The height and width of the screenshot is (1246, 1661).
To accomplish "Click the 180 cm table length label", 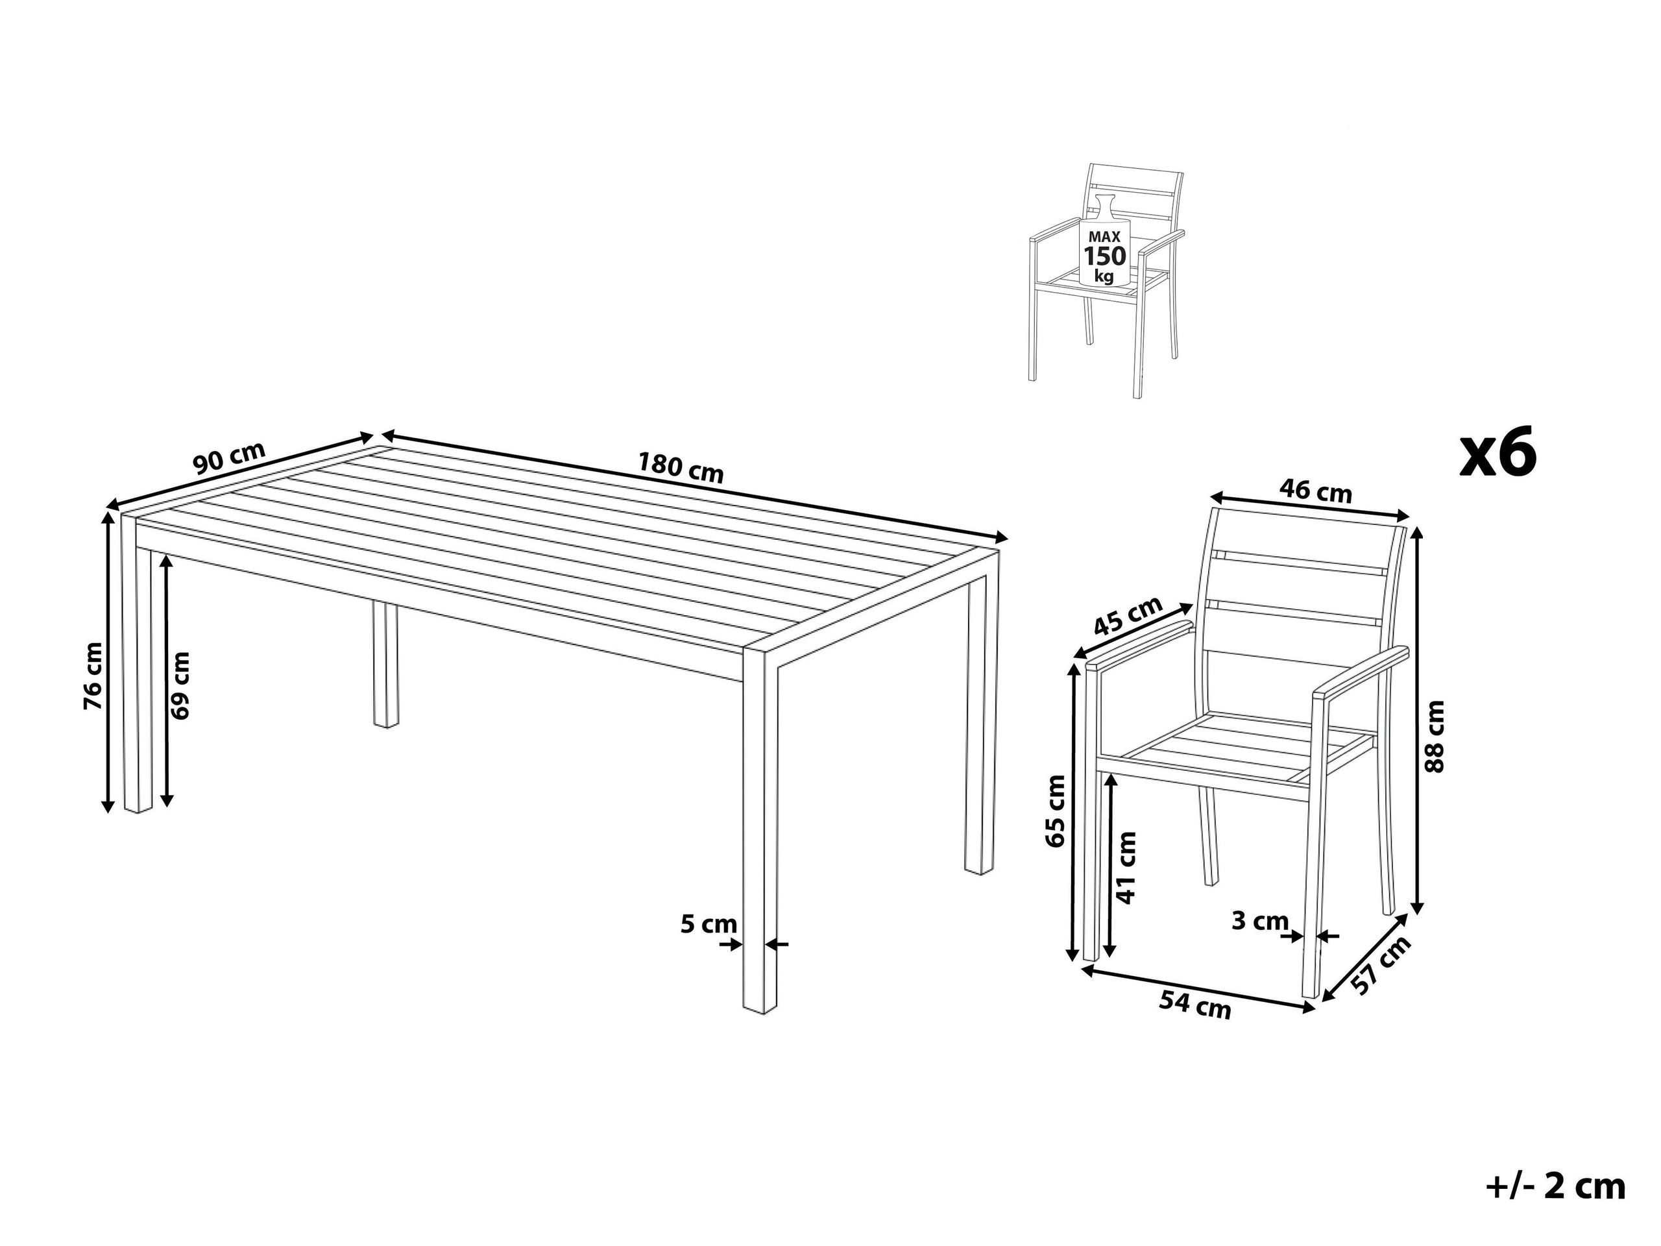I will pyautogui.click(x=681, y=468).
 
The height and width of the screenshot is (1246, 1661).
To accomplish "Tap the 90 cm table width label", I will pyautogui.click(x=229, y=458).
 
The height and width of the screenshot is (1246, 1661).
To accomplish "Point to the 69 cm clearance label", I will pyautogui.click(x=180, y=686).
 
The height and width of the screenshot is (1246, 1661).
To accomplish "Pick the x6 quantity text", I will pyautogui.click(x=1498, y=455).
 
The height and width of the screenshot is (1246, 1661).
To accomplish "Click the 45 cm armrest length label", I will pyautogui.click(x=1128, y=618).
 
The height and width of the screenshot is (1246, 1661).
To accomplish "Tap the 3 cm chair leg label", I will pyautogui.click(x=1260, y=921).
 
